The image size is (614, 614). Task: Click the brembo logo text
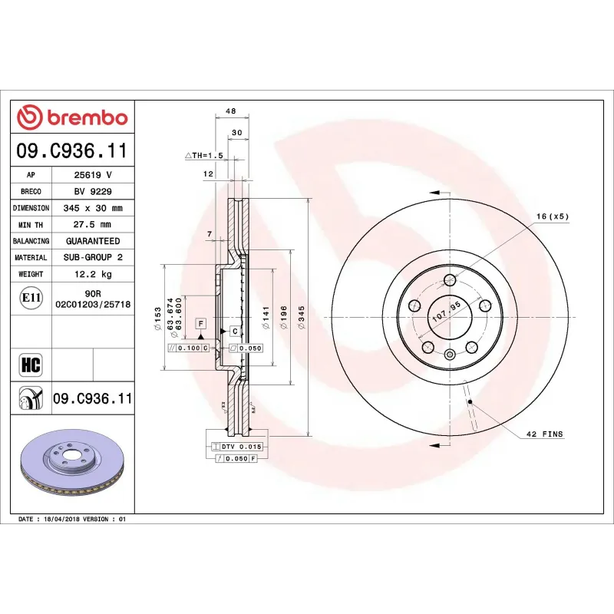(73, 117)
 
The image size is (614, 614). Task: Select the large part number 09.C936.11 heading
(72, 150)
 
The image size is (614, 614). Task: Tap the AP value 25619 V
(93, 175)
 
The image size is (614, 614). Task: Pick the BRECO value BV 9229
(93, 191)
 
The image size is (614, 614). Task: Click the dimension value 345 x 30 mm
(93, 208)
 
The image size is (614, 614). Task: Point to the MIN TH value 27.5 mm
(93, 224)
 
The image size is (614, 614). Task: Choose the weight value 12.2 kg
(93, 274)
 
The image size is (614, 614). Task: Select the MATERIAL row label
(31, 258)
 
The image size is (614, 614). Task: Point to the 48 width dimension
(230, 111)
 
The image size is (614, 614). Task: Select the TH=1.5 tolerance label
(204, 155)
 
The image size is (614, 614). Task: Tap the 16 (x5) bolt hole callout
(552, 216)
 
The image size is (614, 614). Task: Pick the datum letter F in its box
(200, 325)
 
